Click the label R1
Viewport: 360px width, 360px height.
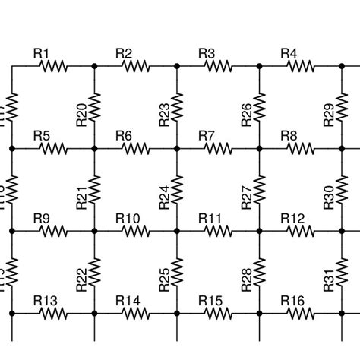pyautogui.click(x=42, y=52)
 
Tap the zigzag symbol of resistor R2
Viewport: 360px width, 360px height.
pyautogui.click(x=136, y=66)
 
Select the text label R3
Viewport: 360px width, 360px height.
pyautogui.click(x=207, y=52)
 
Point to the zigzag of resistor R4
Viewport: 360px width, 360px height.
pyautogui.click(x=302, y=66)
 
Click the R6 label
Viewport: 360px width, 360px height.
pyautogui.click(x=124, y=135)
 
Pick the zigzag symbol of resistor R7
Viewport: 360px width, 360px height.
pyautogui.click(x=219, y=149)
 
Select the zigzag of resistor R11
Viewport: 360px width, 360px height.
pyautogui.click(x=219, y=232)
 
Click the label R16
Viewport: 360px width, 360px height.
pyautogui.click(x=293, y=301)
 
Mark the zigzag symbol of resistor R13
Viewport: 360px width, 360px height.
pyautogui.click(x=54, y=314)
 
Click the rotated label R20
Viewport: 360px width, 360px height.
pyautogui.click(x=82, y=114)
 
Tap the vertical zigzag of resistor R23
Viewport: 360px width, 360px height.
pyautogui.click(x=177, y=107)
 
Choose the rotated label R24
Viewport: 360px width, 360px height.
pyautogui.click(x=165, y=197)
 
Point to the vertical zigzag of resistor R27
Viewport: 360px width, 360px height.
pyautogui.click(x=260, y=190)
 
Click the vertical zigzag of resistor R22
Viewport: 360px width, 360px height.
pyautogui.click(x=95, y=273)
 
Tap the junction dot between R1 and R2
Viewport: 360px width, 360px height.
pyautogui.click(x=94, y=66)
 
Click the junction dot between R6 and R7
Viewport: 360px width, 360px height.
pyautogui.click(x=177, y=149)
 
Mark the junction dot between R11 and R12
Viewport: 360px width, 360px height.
pyautogui.click(x=260, y=232)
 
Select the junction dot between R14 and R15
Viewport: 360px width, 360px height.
pyautogui.click(x=177, y=314)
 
